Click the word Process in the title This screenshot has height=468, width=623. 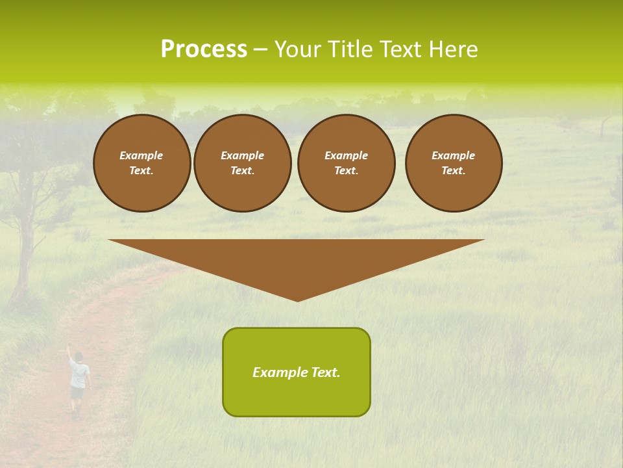pos(204,49)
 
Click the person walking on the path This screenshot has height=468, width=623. pos(79,382)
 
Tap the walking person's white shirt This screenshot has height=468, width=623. pos(79,373)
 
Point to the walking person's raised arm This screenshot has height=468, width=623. pos(69,353)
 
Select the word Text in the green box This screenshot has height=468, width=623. pos(325,372)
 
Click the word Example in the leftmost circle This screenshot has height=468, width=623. pos(141,155)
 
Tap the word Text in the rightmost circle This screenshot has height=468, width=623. pos(453,170)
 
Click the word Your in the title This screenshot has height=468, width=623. pos(297,49)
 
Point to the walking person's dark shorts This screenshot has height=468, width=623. pos(77,393)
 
